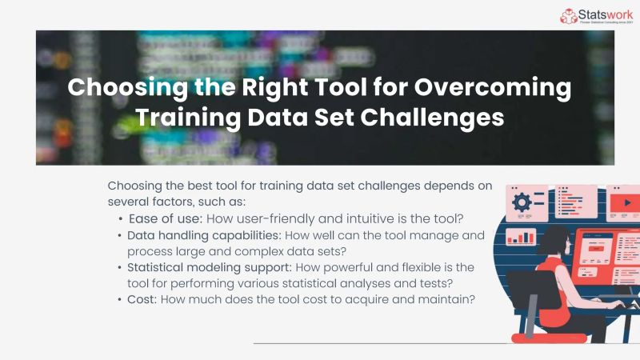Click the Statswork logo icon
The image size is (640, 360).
568,15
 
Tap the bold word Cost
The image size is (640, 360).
141,299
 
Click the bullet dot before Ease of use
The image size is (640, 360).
120,218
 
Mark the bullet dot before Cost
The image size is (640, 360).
120,299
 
